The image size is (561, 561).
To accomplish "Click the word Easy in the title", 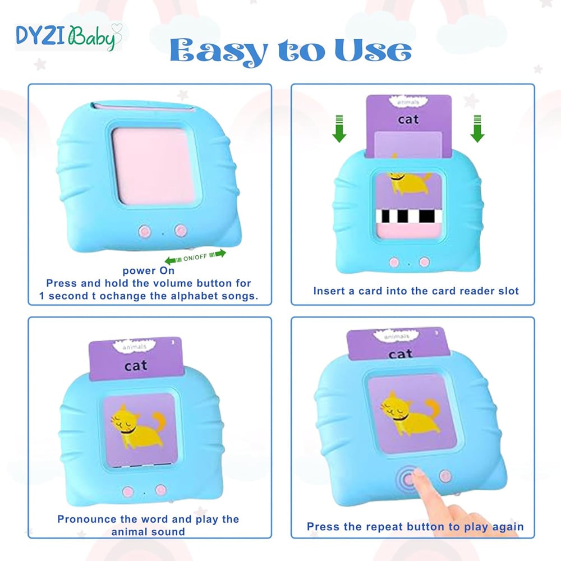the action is pos(219,52).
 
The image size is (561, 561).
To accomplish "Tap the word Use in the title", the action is pos(373,50).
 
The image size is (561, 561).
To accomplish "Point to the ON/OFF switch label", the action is pos(195,257).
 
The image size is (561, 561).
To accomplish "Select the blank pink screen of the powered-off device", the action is pos(154,167).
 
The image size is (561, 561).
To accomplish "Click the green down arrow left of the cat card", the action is pos(339,129).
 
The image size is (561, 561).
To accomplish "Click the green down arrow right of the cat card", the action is pos(477,129).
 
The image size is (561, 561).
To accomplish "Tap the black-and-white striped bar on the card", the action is pos(409,216).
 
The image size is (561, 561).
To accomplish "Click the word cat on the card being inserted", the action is pos(408,119).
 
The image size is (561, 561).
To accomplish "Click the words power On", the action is pos(149,270).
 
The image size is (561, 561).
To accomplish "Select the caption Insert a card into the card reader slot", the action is pos(416,291).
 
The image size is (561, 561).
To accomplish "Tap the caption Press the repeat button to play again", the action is pos(415,527).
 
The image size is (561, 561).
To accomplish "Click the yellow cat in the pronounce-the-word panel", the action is pos(139,427).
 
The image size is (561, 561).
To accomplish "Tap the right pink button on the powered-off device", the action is pos(181,231).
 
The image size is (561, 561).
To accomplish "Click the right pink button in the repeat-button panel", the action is pos(445,476).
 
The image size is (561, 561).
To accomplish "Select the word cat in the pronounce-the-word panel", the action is pos(136,366).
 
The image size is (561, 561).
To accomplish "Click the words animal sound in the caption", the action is pos(148,532).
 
